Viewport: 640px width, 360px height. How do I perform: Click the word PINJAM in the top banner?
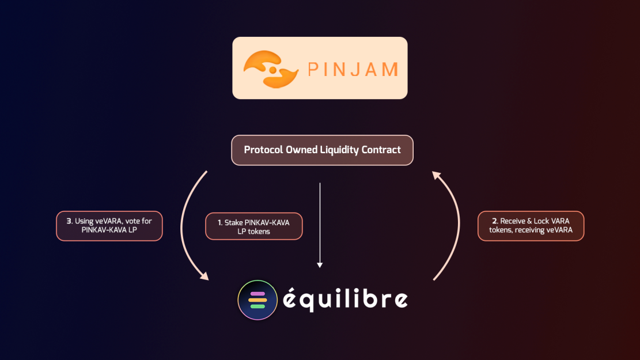tap(353, 70)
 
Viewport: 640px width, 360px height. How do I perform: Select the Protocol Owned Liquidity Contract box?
tap(322, 150)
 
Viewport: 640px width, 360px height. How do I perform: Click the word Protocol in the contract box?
tap(263, 150)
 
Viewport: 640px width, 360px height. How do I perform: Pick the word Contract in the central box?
tap(381, 150)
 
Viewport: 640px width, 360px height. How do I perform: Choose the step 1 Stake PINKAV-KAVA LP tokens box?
tap(254, 226)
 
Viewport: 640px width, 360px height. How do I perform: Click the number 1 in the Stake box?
tap(219, 222)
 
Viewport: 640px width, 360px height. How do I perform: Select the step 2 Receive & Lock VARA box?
tap(531, 226)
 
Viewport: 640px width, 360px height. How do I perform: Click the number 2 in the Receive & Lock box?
tap(494, 221)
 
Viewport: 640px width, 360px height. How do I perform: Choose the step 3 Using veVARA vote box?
tap(109, 226)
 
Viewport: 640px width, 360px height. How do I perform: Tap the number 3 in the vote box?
tap(69, 221)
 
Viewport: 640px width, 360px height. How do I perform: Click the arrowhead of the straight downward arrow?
tap(320, 264)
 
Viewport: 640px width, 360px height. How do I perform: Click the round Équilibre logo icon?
tap(257, 300)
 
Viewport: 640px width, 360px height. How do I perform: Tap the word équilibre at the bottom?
tap(345, 300)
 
